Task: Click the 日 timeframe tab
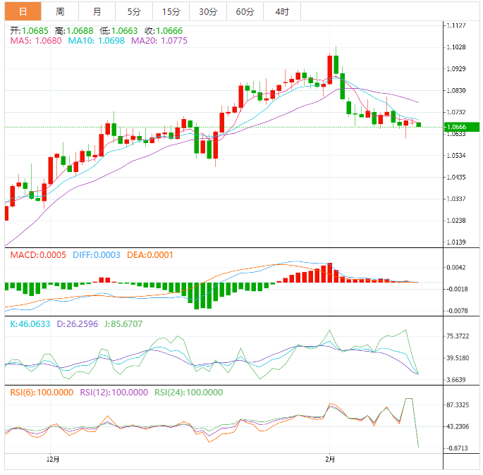click(23, 11)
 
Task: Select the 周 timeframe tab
click(60, 11)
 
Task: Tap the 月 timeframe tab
click(97, 11)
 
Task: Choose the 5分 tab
click(134, 11)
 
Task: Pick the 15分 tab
click(171, 11)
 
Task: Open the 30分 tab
click(208, 11)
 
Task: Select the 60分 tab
click(245, 11)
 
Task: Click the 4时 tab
click(281, 11)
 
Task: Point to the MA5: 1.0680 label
click(36, 41)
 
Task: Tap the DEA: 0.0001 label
click(150, 255)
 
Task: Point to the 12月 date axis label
click(52, 459)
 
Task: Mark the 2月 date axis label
click(330, 459)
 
